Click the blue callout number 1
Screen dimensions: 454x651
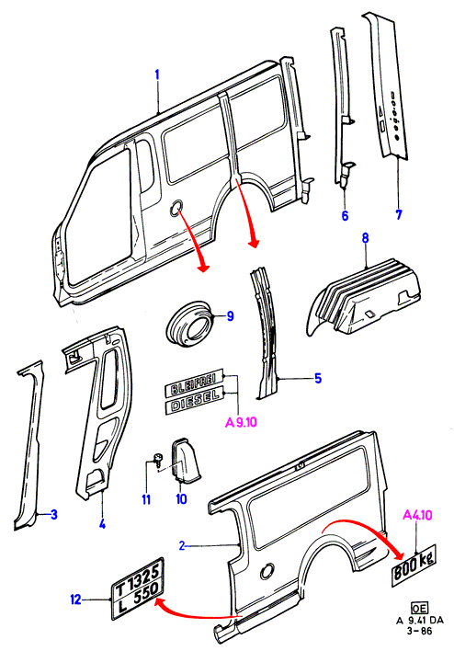157,75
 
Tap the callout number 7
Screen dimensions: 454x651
398,214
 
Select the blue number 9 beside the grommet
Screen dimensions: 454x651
230,316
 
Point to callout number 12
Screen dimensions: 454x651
75,600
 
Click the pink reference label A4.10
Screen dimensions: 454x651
417,515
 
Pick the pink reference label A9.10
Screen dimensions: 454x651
241,422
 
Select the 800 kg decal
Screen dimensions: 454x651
414,565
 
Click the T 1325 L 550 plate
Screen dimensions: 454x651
138,588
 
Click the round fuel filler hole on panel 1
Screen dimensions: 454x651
176,208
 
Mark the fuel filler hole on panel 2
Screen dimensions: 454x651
267,571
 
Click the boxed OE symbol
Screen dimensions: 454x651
419,608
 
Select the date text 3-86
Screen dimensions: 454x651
419,631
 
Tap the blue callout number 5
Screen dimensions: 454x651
317,378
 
